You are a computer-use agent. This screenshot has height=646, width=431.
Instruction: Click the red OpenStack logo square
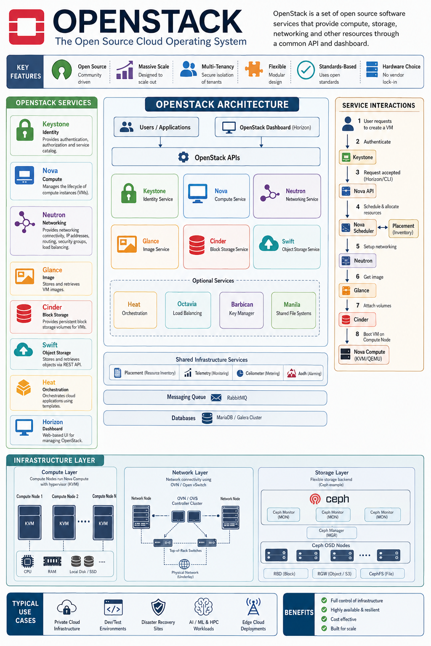pyautogui.click(x=27, y=27)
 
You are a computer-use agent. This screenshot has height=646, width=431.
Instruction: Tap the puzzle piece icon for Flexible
pyautogui.click(x=253, y=69)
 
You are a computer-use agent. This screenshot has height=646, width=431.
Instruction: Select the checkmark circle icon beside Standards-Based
pyautogui.click(x=306, y=70)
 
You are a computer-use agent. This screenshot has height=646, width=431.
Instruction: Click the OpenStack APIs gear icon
pyautogui.click(x=184, y=157)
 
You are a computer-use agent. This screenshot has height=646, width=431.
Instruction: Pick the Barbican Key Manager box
pyautogui.click(x=241, y=310)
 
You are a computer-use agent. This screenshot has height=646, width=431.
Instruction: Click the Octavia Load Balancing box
pyautogui.click(x=188, y=310)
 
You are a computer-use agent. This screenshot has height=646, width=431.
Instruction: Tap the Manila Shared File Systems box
pyautogui.click(x=293, y=310)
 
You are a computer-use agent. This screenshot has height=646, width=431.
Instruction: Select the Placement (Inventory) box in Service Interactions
pyautogui.click(x=403, y=229)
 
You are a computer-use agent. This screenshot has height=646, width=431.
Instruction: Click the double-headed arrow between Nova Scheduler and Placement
pyautogui.click(x=383, y=228)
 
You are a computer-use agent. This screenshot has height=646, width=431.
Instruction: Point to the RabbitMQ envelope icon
pyautogui.click(x=216, y=398)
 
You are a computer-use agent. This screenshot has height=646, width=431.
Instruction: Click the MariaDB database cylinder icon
pyautogui.click(x=207, y=418)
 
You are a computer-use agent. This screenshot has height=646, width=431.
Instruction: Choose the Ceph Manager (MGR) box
pyautogui.click(x=331, y=533)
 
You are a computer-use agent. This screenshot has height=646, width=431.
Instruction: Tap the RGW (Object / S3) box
pyautogui.click(x=334, y=574)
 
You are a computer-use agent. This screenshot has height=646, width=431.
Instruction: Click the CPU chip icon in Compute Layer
pyautogui.click(x=27, y=561)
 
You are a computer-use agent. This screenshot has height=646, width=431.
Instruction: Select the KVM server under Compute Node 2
pyautogui.click(x=64, y=522)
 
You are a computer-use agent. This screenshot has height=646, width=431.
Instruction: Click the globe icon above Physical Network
pyautogui.click(x=184, y=564)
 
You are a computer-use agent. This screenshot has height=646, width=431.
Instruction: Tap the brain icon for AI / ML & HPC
pyautogui.click(x=204, y=607)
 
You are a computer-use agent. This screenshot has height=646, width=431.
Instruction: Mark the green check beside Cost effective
pyautogui.click(x=324, y=619)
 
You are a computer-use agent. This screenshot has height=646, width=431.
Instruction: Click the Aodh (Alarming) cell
pyautogui.click(x=303, y=373)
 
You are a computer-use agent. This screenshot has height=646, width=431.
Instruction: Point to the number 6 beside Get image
pyautogui.click(x=357, y=277)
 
